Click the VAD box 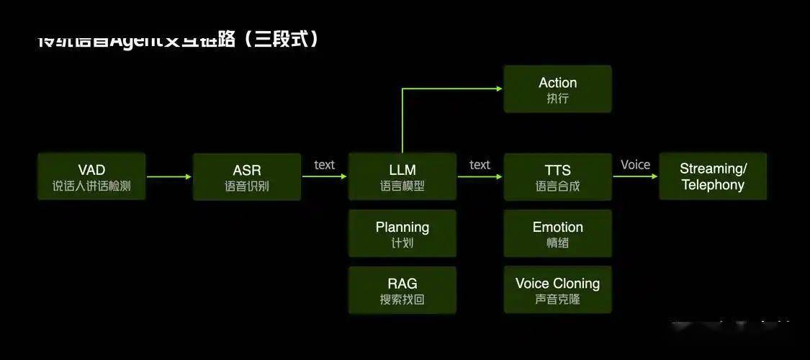point(91,176)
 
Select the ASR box point(247,176)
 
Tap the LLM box point(402,176)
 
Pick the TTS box point(558,176)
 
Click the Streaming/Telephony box point(713,176)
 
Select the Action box point(558,89)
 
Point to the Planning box point(402,233)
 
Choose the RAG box point(402,290)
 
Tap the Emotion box point(558,233)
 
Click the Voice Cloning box point(558,290)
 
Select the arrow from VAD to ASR point(169,176)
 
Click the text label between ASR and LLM point(325,165)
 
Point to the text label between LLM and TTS point(480,165)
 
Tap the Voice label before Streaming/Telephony point(636,165)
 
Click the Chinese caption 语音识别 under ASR point(247,186)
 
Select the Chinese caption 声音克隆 point(558,300)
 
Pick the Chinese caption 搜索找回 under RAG point(402,300)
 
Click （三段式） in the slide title point(281,38)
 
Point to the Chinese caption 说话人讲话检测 point(91,186)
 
